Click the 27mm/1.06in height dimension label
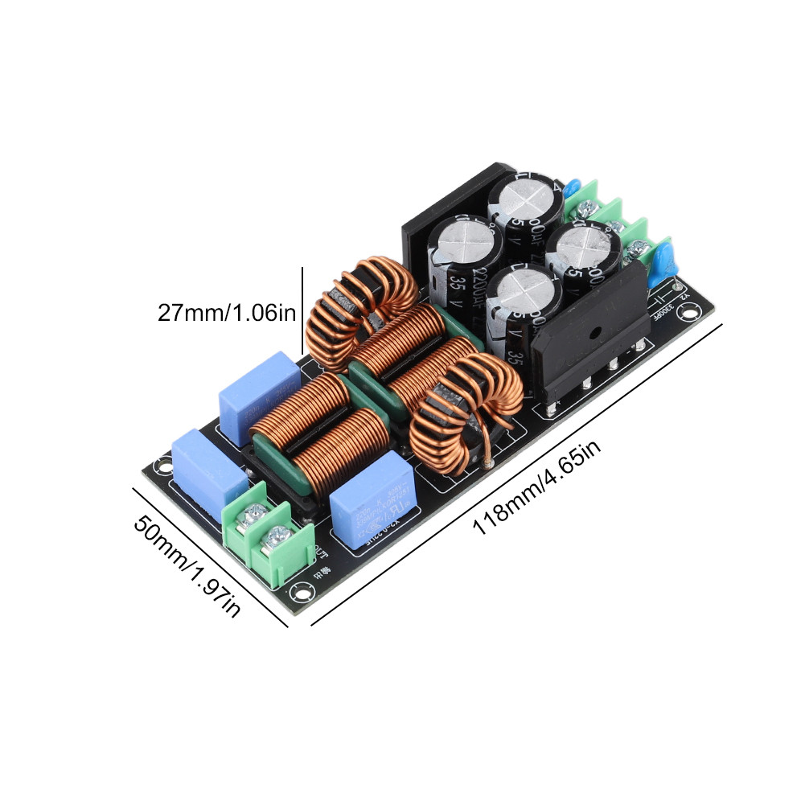point(227,312)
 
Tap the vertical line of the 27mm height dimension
point(302,312)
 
